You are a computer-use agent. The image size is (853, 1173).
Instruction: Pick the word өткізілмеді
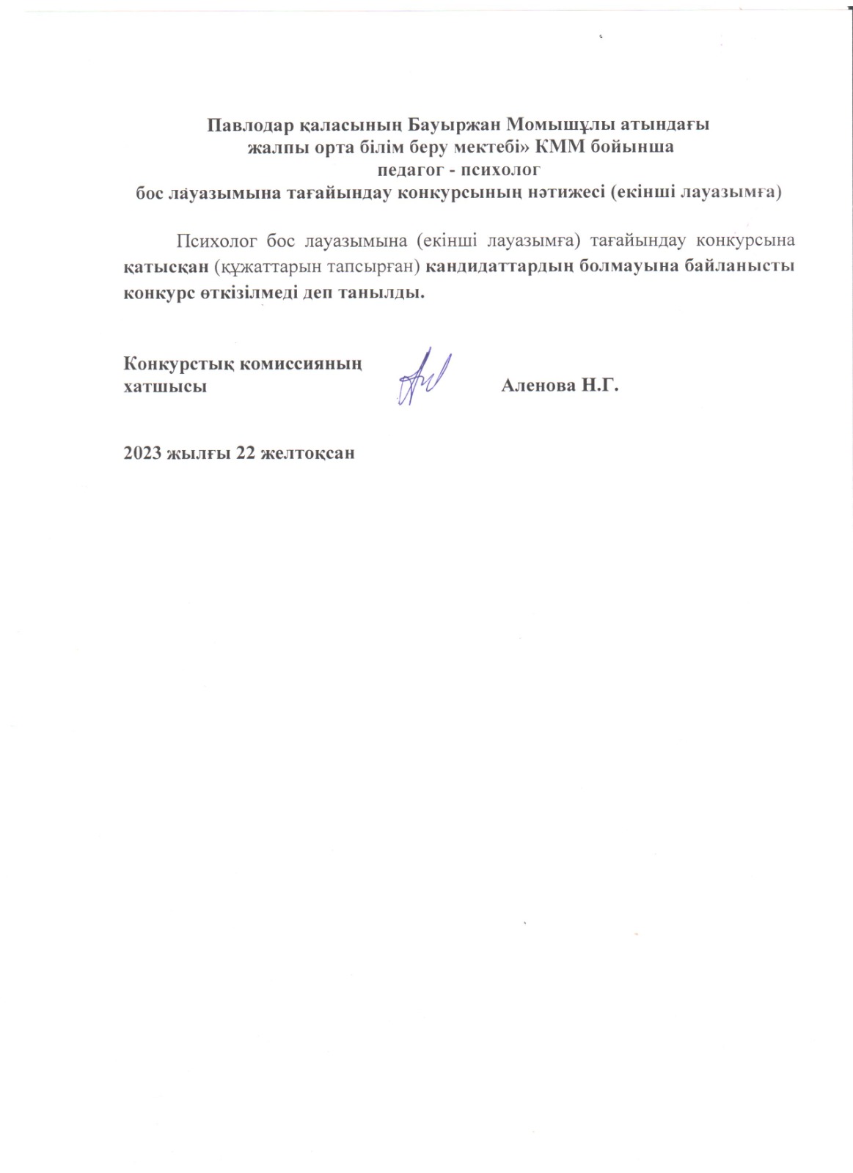pyautogui.click(x=257, y=293)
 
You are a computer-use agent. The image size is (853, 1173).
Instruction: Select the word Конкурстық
pyautogui.click(x=175, y=363)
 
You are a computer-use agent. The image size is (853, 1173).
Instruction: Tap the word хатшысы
pyautogui.click(x=165, y=386)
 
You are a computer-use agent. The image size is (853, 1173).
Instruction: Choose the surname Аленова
pyautogui.click(x=539, y=386)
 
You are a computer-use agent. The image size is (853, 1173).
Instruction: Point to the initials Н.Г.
pyautogui.click(x=601, y=386)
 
